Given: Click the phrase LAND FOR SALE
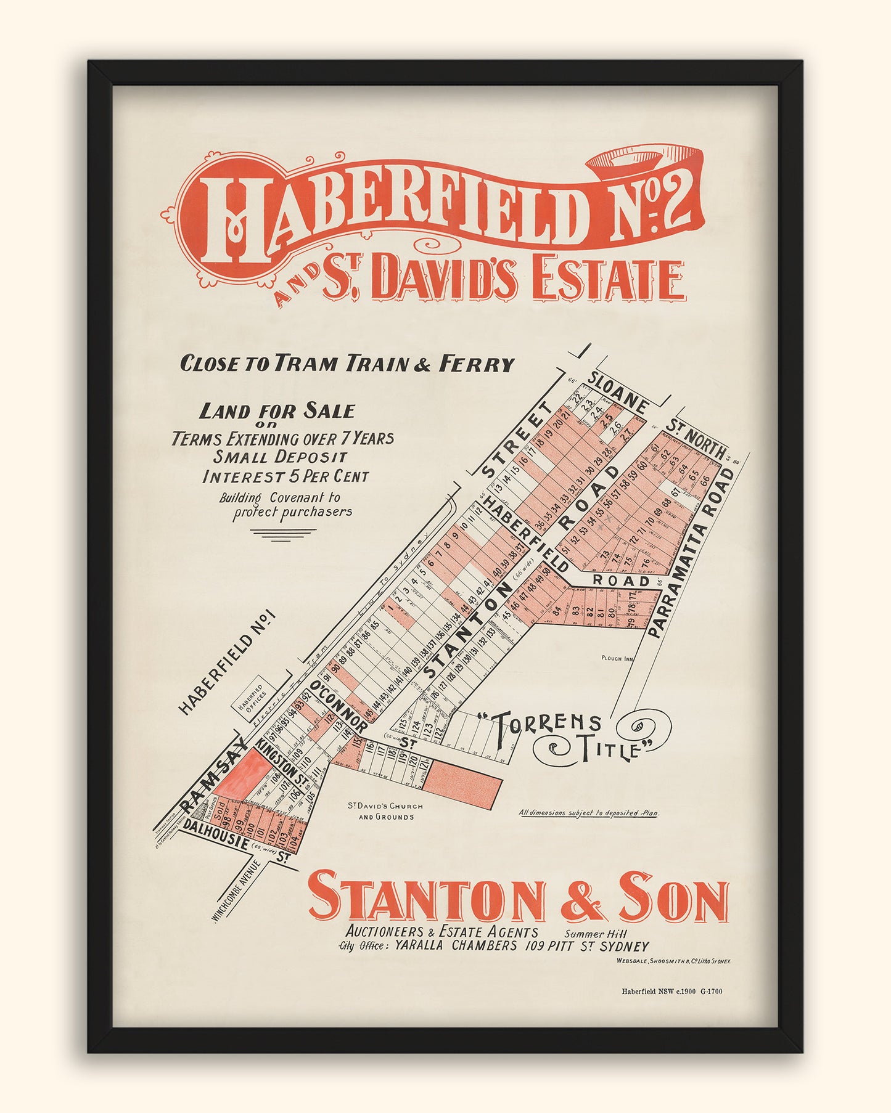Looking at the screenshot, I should pos(277,411).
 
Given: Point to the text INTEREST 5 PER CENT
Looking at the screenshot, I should pos(285,476).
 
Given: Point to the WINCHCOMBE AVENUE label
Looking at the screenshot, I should pos(237,892).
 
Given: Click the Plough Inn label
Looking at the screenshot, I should pos(617,658).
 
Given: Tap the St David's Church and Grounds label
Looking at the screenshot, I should pos(385,811).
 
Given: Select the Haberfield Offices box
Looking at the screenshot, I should pos(250,696).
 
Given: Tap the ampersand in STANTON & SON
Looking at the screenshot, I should pos(581,900).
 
